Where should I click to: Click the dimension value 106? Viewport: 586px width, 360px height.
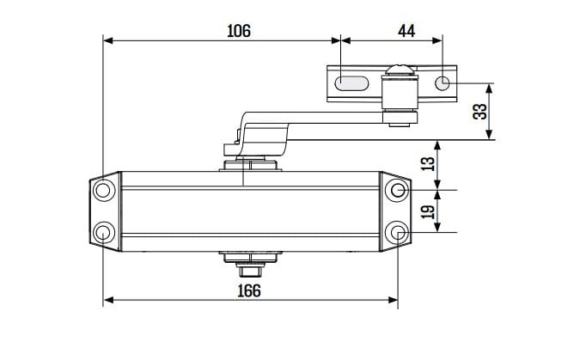pyautogui.click(x=239, y=31)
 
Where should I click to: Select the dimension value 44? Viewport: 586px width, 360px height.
pyautogui.click(x=406, y=31)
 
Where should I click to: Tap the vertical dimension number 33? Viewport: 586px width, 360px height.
pyautogui.click(x=480, y=112)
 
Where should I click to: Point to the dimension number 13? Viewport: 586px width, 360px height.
pyautogui.click(x=428, y=164)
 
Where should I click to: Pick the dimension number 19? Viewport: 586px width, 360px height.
pyautogui.click(x=428, y=212)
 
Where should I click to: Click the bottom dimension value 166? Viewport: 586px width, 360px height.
pyautogui.click(x=249, y=291)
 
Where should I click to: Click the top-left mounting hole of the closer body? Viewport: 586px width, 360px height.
pyautogui.click(x=103, y=190)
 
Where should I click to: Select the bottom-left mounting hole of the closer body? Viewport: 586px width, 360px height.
pyautogui.click(x=103, y=233)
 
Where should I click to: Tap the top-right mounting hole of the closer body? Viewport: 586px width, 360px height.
pyautogui.click(x=398, y=190)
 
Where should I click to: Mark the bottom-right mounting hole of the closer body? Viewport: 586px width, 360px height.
pyautogui.click(x=398, y=233)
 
